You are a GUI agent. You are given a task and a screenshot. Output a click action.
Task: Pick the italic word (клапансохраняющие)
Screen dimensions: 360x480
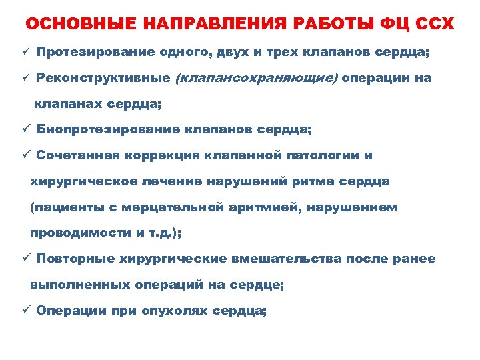pyautogui.click(x=256, y=78)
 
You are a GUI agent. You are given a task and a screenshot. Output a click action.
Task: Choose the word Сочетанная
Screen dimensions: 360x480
pyautogui.click(x=78, y=155)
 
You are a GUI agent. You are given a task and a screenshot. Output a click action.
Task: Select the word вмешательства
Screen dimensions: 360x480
pyautogui.click(x=291, y=259)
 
